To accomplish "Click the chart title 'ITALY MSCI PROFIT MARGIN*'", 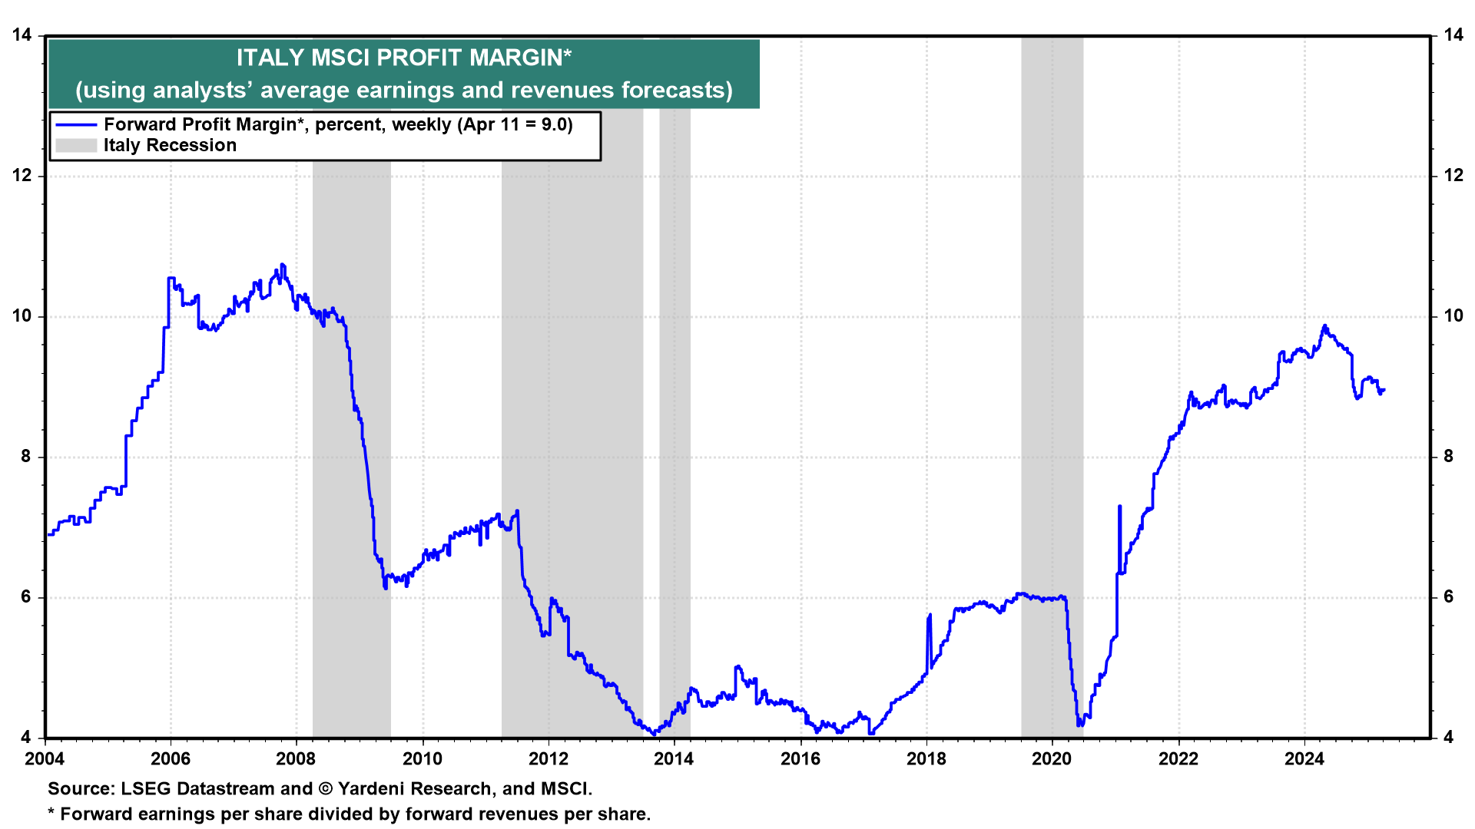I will point(403,58).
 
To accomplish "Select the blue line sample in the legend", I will point(76,125).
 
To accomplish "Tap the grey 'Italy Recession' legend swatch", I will point(76,146).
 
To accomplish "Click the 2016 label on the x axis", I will point(800,759).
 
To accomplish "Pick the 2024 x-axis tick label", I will point(1304,759).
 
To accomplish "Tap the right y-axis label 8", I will point(1449,457).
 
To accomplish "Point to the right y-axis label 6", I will point(1449,597).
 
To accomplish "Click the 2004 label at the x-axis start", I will point(45,759).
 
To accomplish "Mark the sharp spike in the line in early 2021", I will point(1119,507).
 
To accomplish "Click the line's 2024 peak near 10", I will point(1324,326).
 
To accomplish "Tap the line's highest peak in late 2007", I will point(282,265).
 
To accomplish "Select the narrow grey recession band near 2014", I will point(675,422).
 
